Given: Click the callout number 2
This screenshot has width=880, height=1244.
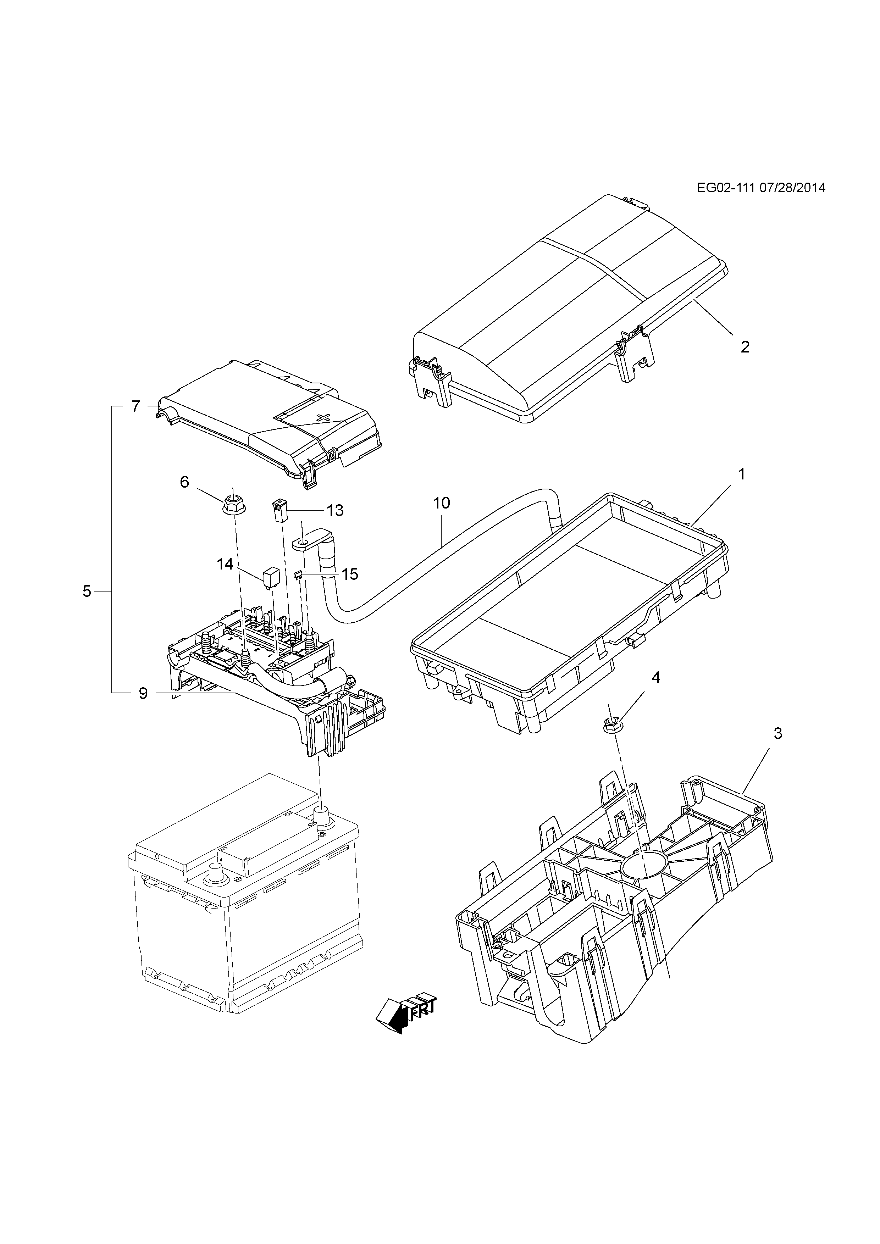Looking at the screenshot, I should click(x=745, y=347).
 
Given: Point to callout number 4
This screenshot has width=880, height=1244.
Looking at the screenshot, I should click(x=656, y=677).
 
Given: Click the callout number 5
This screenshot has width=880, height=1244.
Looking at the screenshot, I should click(x=87, y=591).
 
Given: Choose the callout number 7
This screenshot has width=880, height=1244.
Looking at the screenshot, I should click(x=135, y=406).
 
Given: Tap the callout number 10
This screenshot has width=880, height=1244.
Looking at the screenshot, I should click(x=442, y=503).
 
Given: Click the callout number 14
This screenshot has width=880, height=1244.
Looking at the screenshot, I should click(x=225, y=564).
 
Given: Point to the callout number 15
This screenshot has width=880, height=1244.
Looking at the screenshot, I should click(x=350, y=574).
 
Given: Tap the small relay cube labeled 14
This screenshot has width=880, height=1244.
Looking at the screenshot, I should click(x=270, y=578).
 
